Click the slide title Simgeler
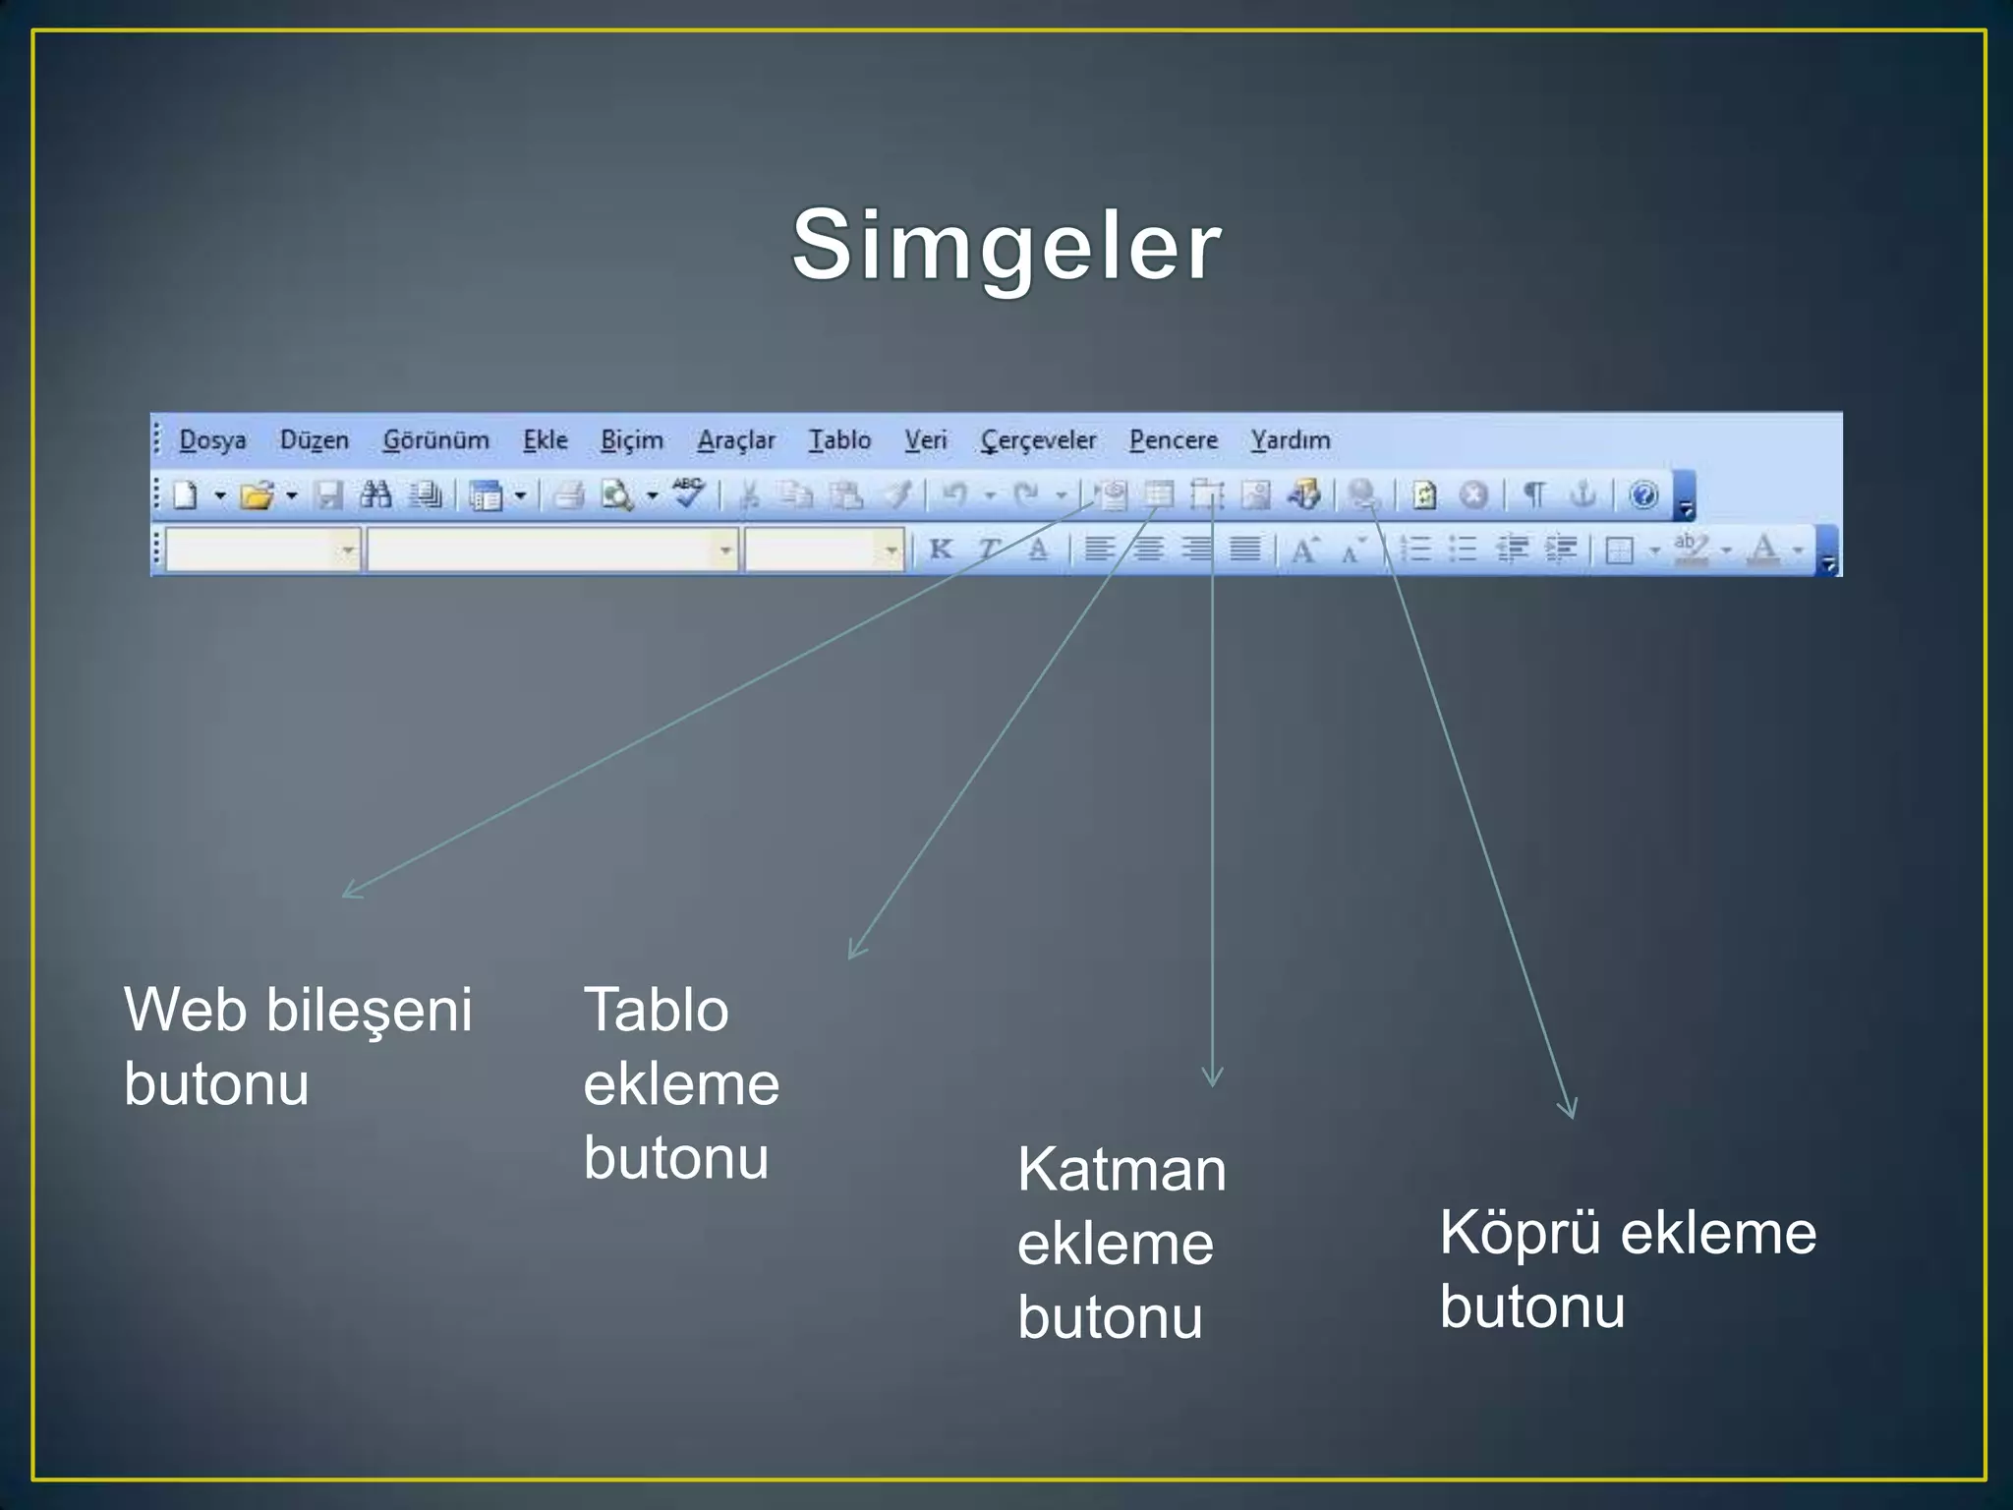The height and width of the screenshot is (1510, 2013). (1006, 246)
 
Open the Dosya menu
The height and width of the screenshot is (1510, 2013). (212, 440)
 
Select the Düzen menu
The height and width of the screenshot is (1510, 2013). (315, 440)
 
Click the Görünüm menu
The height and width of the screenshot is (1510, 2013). (435, 440)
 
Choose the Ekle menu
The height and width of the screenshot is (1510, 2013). (546, 440)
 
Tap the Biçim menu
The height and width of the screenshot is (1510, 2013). (632, 440)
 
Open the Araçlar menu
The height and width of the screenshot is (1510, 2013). (736, 440)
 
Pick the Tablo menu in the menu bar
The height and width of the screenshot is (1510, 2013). (839, 440)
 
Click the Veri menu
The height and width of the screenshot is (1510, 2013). (926, 440)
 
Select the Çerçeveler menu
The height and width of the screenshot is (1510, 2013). (1038, 440)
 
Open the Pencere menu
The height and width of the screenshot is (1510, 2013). (1174, 440)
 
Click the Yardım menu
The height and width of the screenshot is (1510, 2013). (1291, 440)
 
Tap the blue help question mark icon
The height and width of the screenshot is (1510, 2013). (1643, 494)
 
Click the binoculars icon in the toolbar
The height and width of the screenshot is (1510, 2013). (375, 494)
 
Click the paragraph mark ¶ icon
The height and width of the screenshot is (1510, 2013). (1534, 494)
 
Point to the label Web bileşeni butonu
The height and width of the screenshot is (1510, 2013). (298, 1047)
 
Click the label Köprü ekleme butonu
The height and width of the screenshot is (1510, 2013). (1628, 1269)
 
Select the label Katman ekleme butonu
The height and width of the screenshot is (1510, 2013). (1122, 1243)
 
